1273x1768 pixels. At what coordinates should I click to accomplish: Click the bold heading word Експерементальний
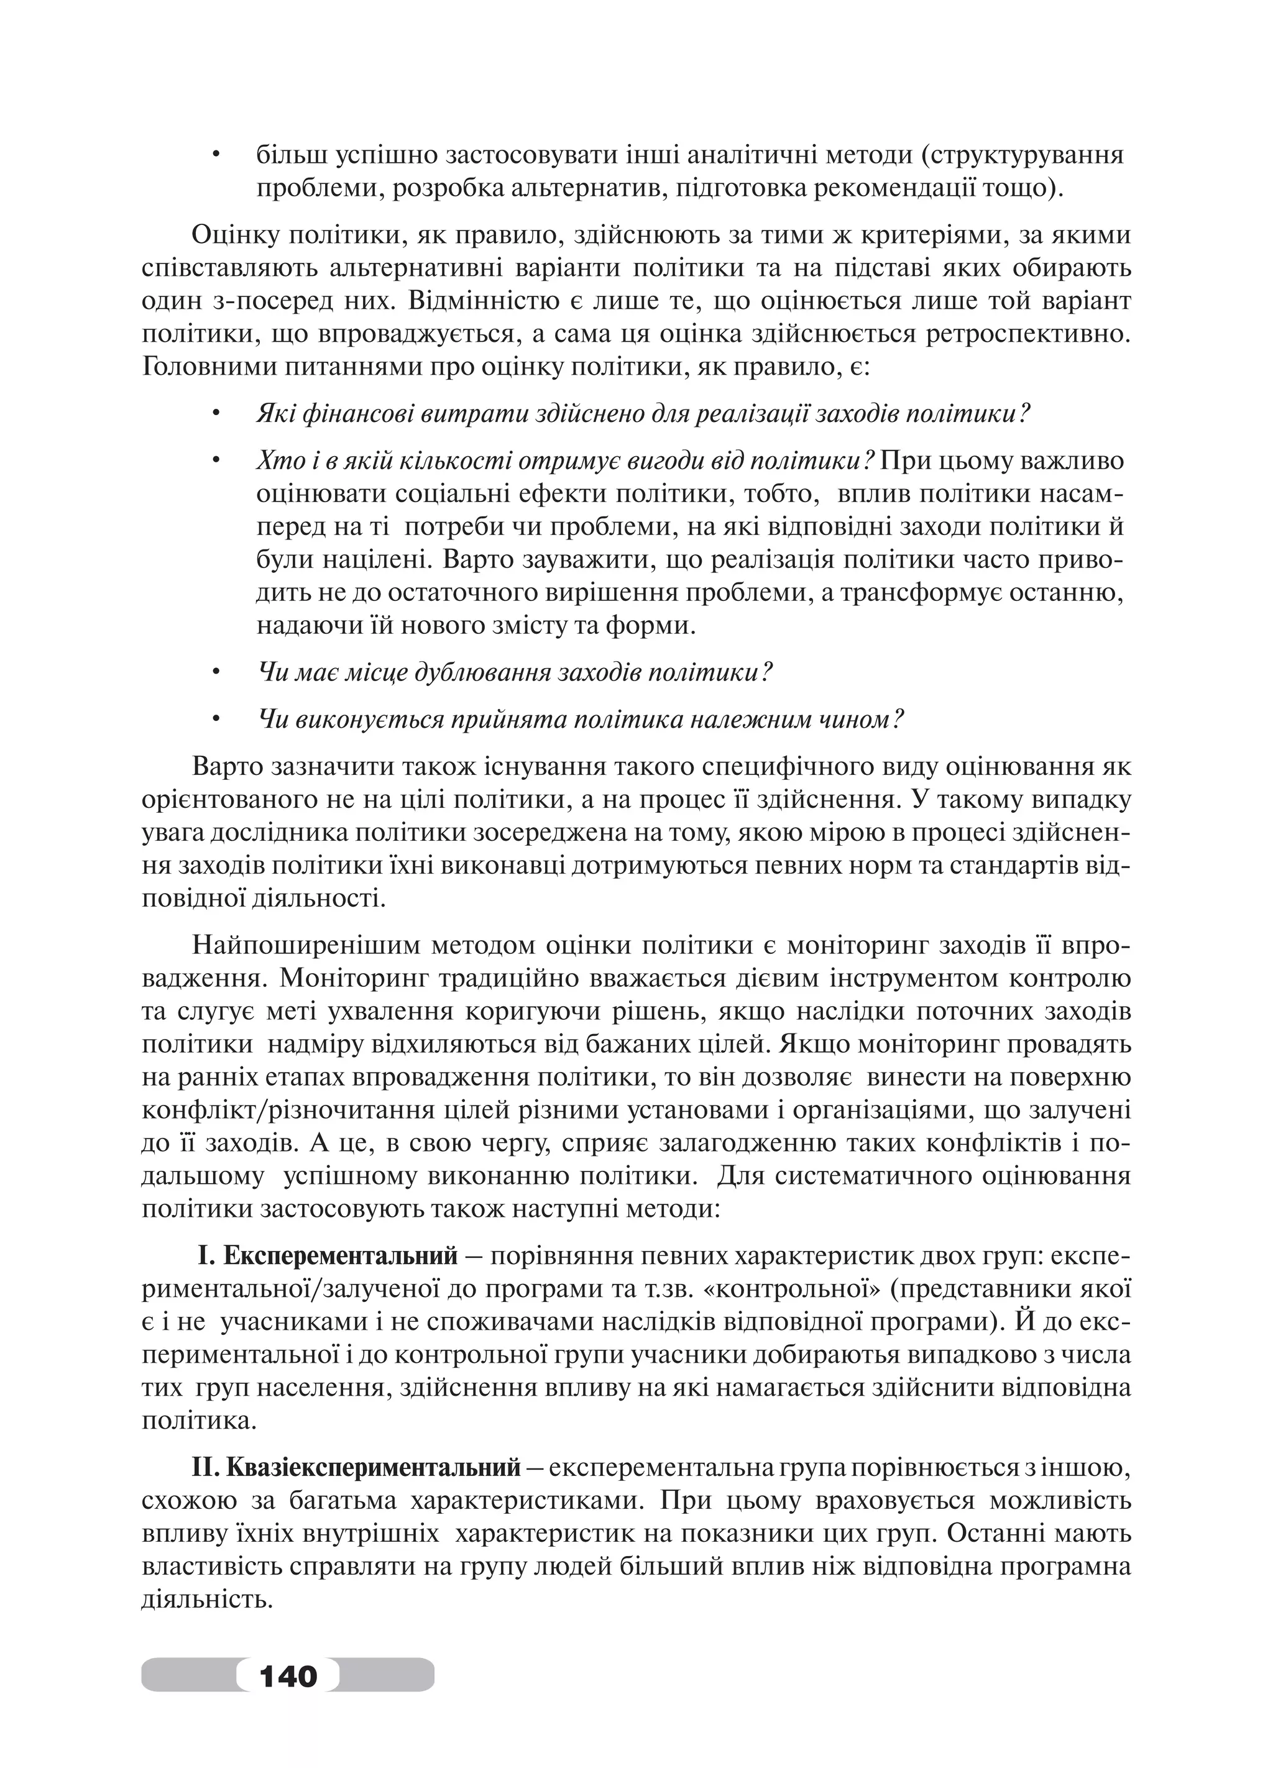pyautogui.click(x=340, y=1256)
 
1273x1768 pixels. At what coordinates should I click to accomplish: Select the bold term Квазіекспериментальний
pyautogui.click(x=374, y=1468)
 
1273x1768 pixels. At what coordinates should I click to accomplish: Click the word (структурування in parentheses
pyautogui.click(x=1021, y=156)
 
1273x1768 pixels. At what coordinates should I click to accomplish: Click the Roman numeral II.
pyautogui.click(x=205, y=1468)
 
